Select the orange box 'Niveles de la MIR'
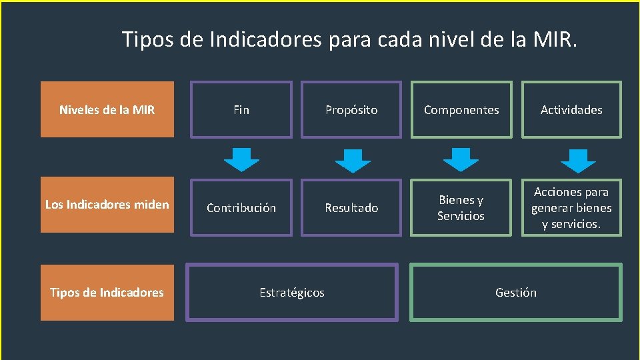coord(107,109)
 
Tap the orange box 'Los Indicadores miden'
coord(107,205)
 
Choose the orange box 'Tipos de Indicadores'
coord(107,292)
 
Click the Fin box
coord(241,109)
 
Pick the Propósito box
coord(351,109)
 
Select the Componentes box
coord(461,109)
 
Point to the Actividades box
coord(571,109)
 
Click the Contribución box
coord(241,207)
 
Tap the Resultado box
coord(351,207)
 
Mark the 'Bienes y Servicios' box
coord(461,207)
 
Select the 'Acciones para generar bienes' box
coord(571,207)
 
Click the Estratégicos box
coord(292,292)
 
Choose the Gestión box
coord(516,292)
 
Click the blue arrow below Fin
coord(241,160)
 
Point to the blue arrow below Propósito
coord(352,160)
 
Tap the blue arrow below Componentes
coord(461,160)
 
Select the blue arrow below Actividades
coord(578,160)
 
